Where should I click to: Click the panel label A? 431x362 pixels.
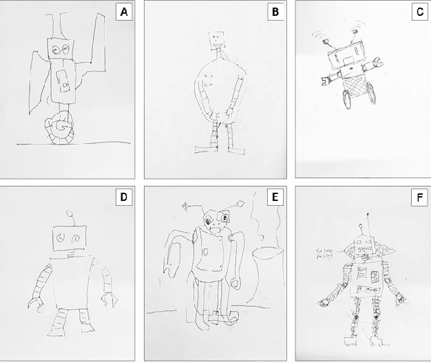124,13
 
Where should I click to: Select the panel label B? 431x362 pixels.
274,13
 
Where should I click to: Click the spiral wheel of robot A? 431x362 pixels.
61,128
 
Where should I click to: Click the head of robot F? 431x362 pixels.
363,245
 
